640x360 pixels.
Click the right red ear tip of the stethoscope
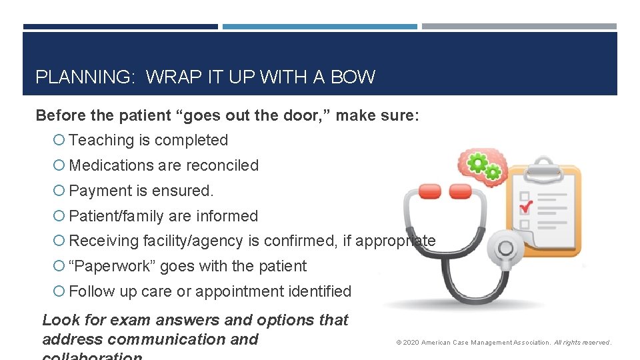[x=460, y=192]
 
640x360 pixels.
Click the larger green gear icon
[x=477, y=162]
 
